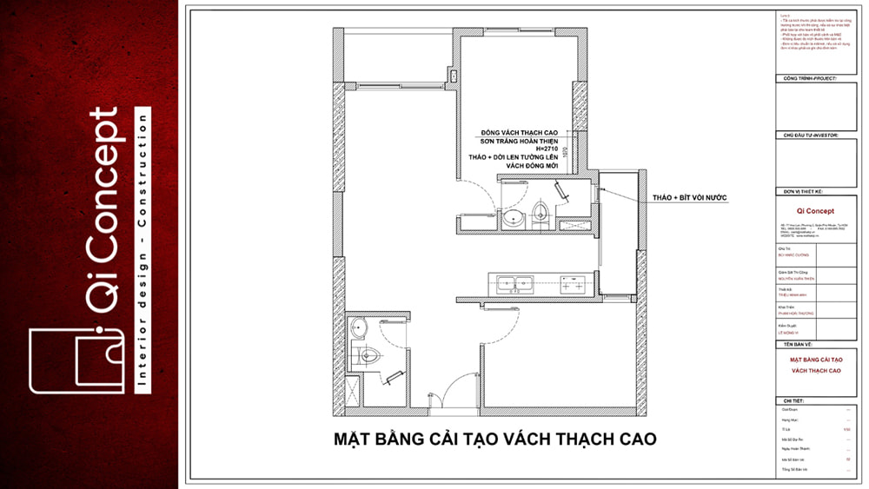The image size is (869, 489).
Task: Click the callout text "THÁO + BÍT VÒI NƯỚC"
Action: coord(689,198)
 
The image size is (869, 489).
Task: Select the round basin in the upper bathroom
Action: coord(513,216)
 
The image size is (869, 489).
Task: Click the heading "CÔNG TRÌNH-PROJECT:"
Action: coord(809,78)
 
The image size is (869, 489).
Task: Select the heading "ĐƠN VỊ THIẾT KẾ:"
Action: coord(802,191)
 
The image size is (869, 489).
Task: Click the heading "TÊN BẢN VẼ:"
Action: coord(795,345)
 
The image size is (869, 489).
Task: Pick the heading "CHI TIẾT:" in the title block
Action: coord(792,401)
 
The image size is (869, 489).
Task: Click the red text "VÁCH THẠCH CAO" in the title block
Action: coord(815,371)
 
